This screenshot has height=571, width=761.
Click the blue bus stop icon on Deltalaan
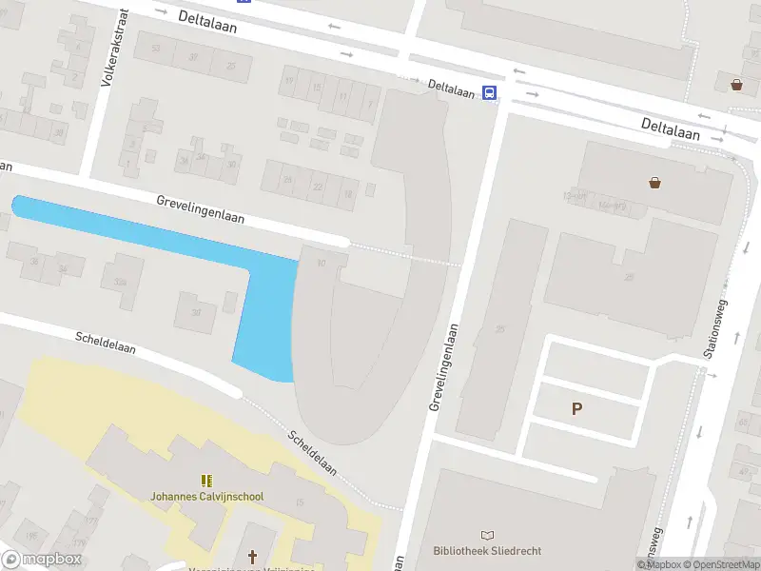pyautogui.click(x=489, y=92)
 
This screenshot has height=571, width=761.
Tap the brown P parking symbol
pyautogui.click(x=576, y=409)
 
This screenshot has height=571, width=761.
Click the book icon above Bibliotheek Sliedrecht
pyautogui.click(x=488, y=537)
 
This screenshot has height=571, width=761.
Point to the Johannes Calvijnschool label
pyautogui.click(x=206, y=497)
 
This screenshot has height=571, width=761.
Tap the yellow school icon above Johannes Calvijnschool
pyautogui.click(x=206, y=482)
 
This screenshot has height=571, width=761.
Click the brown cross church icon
pyautogui.click(x=253, y=556)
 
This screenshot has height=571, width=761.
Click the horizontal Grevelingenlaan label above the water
pyautogui.click(x=201, y=208)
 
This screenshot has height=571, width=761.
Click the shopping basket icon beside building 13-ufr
pyautogui.click(x=654, y=183)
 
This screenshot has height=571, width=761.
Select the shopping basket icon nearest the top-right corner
pyautogui.click(x=737, y=85)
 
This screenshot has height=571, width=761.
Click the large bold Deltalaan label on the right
pyautogui.click(x=670, y=128)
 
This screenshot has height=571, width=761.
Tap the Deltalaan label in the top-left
pyautogui.click(x=206, y=23)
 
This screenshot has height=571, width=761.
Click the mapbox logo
pyautogui.click(x=41, y=559)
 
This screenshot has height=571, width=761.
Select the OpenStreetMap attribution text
pyautogui.click(x=723, y=564)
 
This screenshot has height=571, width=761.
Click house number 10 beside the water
pyautogui.click(x=322, y=263)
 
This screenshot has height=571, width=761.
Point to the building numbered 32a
pyautogui.click(x=120, y=283)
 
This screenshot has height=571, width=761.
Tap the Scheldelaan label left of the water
pyautogui.click(x=106, y=343)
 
